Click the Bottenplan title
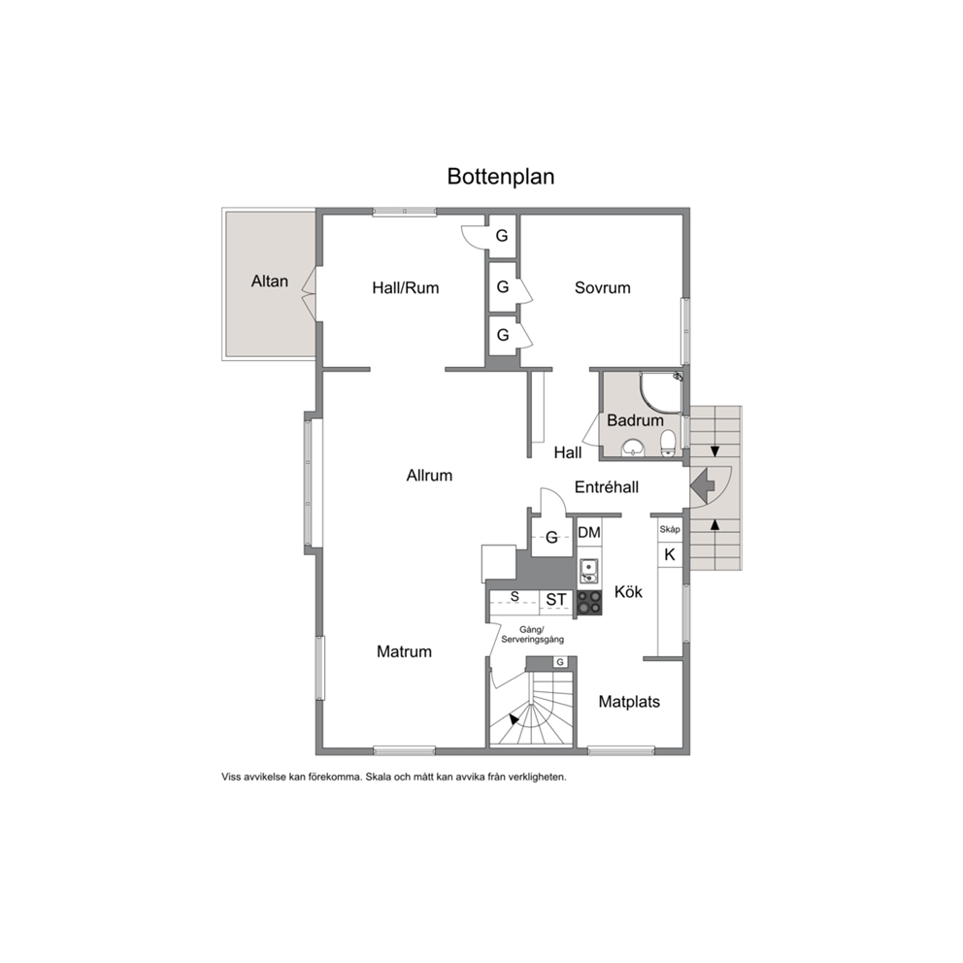[x=501, y=177]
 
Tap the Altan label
[x=270, y=282]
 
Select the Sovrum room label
[x=603, y=287]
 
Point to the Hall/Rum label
[x=406, y=287]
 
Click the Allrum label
[x=429, y=476]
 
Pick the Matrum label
[x=404, y=651]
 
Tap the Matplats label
[x=629, y=701]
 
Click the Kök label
[x=628, y=591]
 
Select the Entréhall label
[x=606, y=487]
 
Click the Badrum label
[x=635, y=420]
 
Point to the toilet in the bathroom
[x=668, y=444]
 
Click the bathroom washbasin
[x=633, y=448]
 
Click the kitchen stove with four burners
[x=589, y=602]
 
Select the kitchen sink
[x=588, y=571]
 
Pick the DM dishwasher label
[x=589, y=533]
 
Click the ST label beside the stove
[x=556, y=599]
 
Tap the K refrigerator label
[x=670, y=554]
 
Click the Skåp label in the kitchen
[x=670, y=529]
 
